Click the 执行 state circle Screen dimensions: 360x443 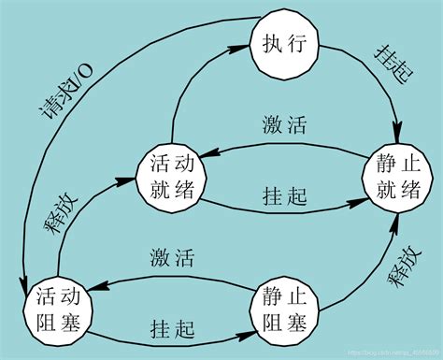click(x=285, y=43)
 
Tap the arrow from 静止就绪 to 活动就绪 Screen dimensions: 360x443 click(x=280, y=147)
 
